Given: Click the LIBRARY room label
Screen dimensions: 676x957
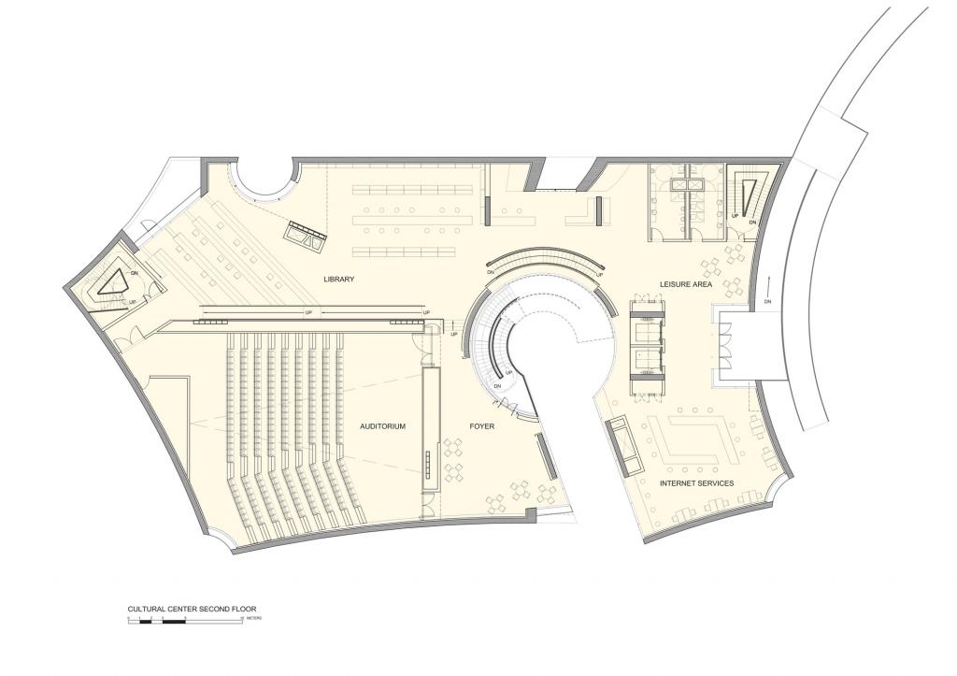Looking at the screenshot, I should [x=338, y=280].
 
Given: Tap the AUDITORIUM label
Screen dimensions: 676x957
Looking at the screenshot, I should [x=382, y=426].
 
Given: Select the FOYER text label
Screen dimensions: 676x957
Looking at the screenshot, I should [x=481, y=426].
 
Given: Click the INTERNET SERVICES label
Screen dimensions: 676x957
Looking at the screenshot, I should [x=696, y=483].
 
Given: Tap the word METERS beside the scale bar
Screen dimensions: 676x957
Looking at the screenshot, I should [x=254, y=619].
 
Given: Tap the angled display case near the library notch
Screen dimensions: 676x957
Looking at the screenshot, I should [x=306, y=236].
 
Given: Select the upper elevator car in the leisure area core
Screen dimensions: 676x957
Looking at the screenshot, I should [x=647, y=327].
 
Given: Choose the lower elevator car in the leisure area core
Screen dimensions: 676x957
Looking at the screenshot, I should [x=647, y=359].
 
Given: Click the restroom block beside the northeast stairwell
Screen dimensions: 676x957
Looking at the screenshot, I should [x=685, y=198].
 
